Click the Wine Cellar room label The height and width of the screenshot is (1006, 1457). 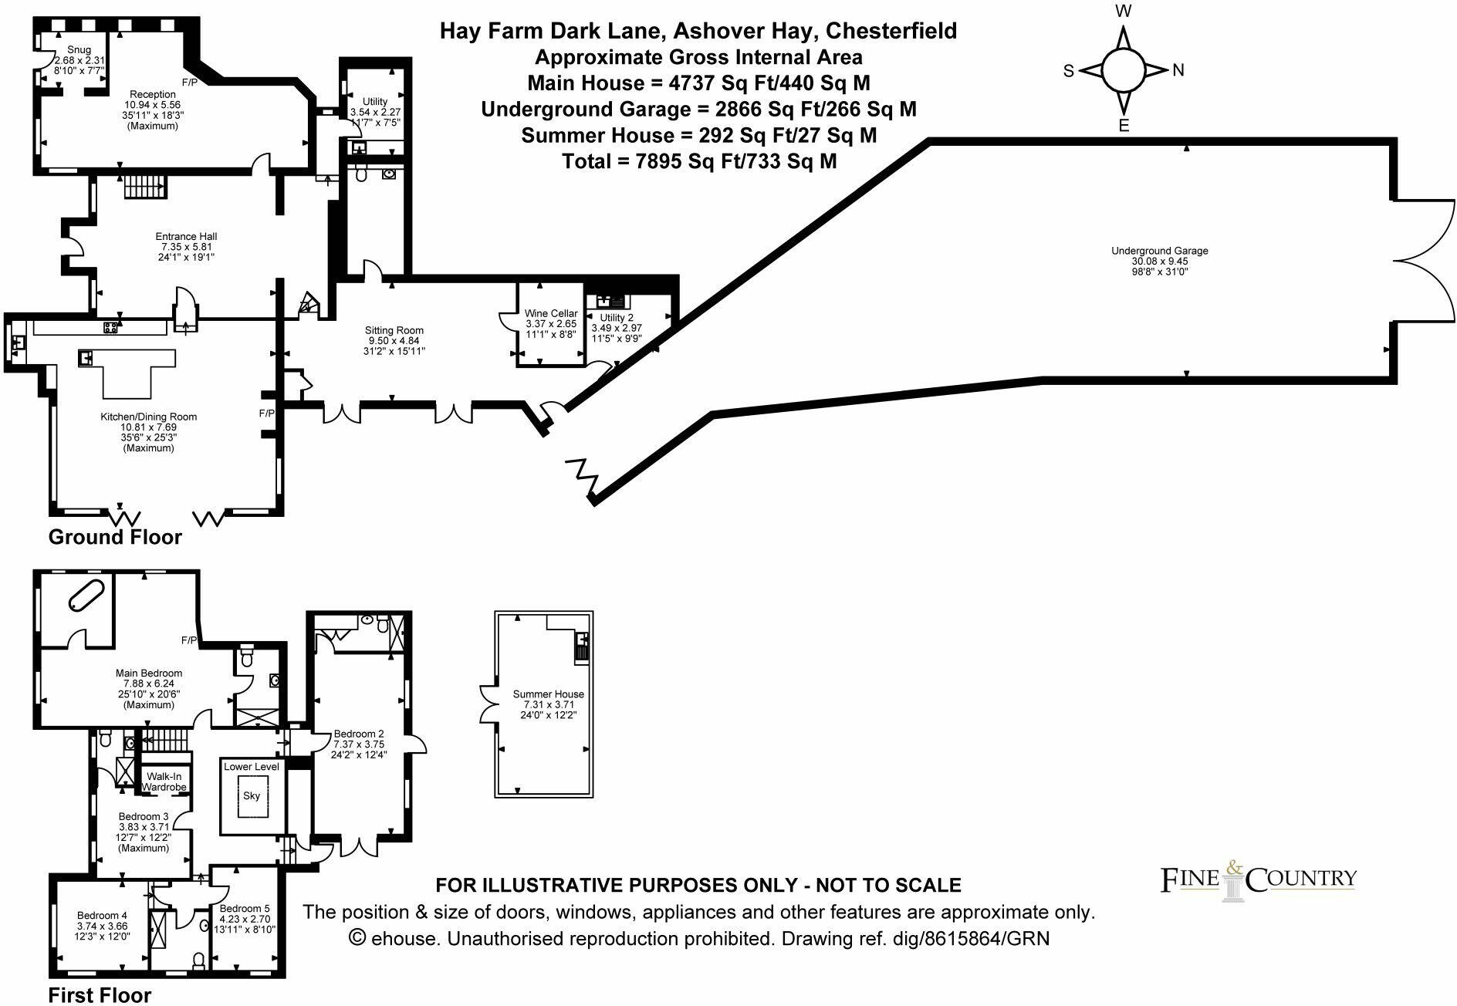click(x=550, y=313)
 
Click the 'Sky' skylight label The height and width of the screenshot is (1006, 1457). click(x=252, y=795)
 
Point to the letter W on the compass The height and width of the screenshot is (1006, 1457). click(x=1124, y=12)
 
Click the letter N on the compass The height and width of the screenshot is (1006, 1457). click(x=1178, y=71)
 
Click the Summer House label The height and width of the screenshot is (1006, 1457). click(x=548, y=694)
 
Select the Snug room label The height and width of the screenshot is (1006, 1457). click(x=79, y=49)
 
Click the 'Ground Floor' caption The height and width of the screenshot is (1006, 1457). click(x=115, y=537)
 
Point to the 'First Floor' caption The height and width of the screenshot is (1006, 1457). click(x=100, y=995)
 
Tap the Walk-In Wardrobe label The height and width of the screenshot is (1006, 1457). click(x=164, y=782)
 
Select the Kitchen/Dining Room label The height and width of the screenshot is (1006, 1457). click(x=148, y=417)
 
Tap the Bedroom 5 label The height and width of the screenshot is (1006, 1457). click(x=245, y=909)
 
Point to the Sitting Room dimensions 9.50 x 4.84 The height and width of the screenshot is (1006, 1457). click(x=394, y=340)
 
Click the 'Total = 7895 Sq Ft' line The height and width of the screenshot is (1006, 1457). click(x=699, y=161)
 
